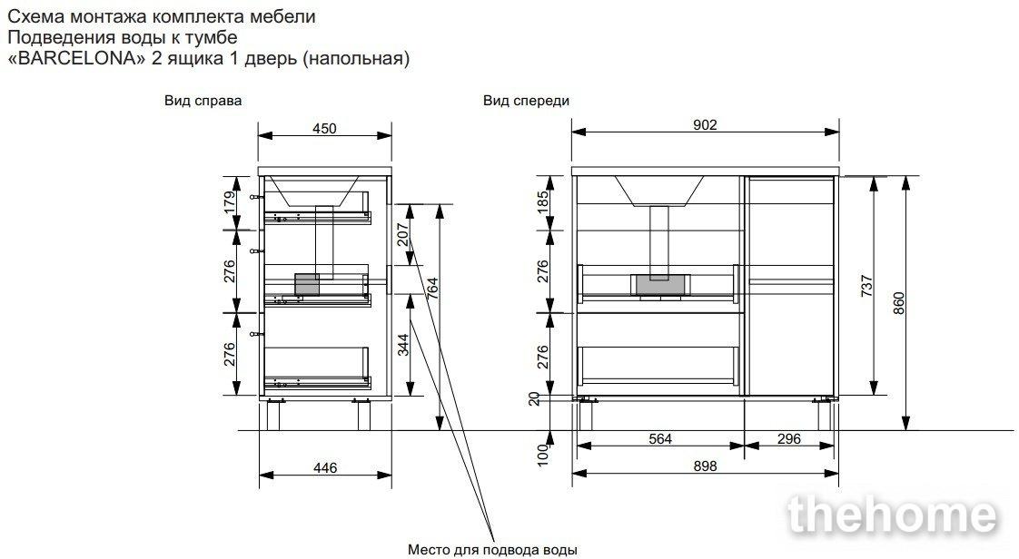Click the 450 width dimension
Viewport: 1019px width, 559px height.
[x=324, y=128]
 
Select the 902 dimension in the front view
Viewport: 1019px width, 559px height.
[x=705, y=124]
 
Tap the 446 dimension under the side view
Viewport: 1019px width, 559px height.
[x=325, y=467]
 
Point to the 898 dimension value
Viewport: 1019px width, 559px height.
[x=705, y=466]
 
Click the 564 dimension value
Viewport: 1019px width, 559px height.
[x=659, y=439]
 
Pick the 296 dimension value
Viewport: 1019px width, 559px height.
[x=789, y=439]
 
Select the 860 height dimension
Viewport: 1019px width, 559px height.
[x=899, y=302]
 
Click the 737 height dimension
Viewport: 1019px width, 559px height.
[x=867, y=286]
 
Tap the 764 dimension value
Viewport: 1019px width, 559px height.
[x=433, y=289]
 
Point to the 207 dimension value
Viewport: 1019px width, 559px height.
[x=403, y=235]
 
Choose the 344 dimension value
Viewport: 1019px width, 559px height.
[x=403, y=345]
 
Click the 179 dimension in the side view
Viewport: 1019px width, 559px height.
[x=230, y=202]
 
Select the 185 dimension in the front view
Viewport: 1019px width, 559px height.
[x=542, y=202]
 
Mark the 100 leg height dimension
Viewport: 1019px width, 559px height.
[x=542, y=455]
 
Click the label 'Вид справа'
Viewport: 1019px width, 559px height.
[x=203, y=101]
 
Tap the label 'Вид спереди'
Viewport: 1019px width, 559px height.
[x=526, y=101]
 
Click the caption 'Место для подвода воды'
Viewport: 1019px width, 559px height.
[x=492, y=549]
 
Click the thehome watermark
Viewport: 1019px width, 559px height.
[x=892, y=515]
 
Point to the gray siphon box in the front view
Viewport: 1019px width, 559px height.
[x=659, y=284]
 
